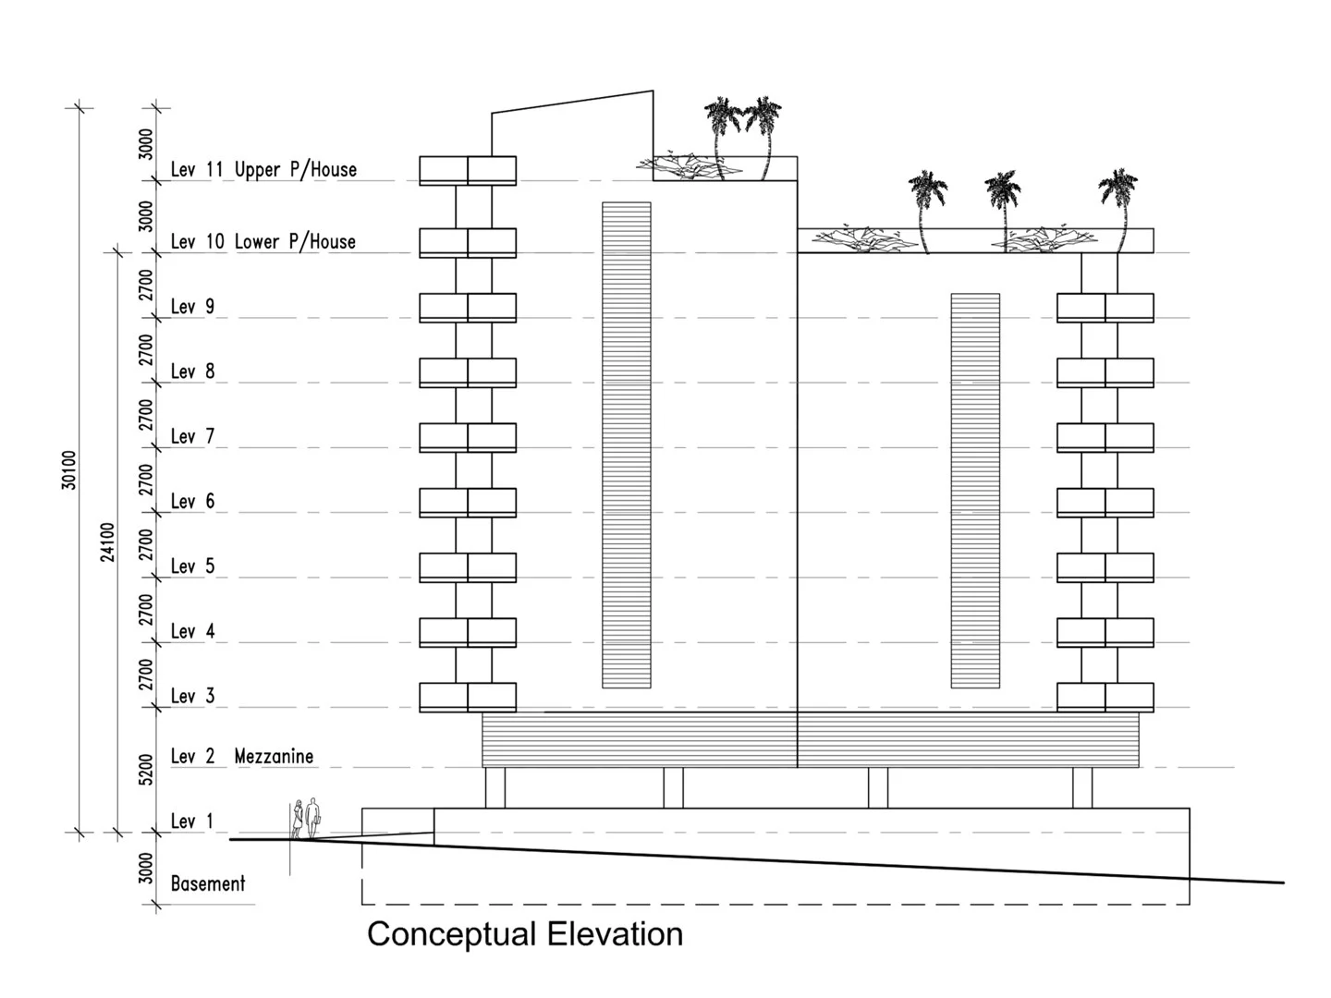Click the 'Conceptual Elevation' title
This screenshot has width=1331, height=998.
[525, 934]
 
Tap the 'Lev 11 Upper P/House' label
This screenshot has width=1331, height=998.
[263, 169]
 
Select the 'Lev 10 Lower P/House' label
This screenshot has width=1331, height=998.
[263, 241]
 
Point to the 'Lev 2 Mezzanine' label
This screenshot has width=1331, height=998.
[242, 756]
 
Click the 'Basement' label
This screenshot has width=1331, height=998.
[208, 883]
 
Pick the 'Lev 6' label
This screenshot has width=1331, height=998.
[192, 501]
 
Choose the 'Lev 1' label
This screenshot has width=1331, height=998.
[192, 821]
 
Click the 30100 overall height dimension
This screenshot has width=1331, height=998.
[70, 469]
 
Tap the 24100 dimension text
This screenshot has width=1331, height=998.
[108, 542]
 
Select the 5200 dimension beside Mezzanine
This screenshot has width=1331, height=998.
[146, 769]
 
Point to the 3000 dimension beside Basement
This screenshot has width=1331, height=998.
[146, 869]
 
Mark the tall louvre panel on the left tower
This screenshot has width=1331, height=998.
[626, 445]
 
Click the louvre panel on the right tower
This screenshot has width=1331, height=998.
[975, 491]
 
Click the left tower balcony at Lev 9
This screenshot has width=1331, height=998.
[468, 308]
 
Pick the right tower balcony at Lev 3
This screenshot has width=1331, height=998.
[1105, 697]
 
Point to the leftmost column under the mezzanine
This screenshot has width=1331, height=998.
[495, 787]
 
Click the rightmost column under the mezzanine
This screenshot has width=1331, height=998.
[1081, 787]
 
